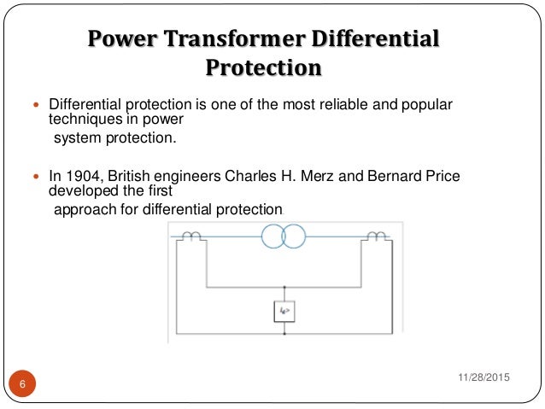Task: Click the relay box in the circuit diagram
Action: coord(284,312)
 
